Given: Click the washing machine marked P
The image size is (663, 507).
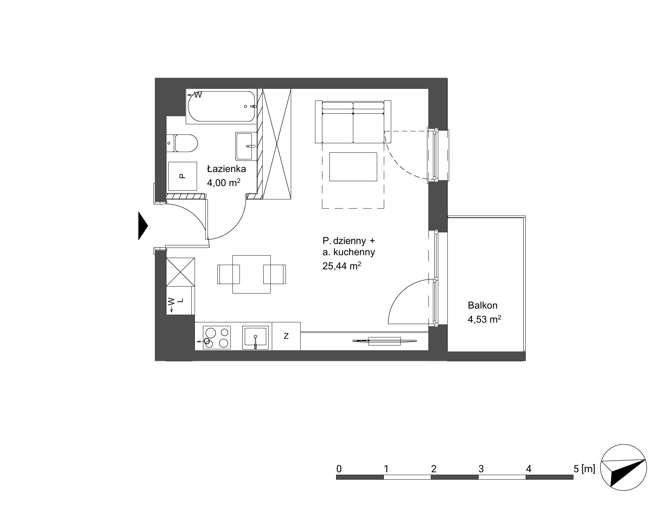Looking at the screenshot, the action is (x=182, y=176).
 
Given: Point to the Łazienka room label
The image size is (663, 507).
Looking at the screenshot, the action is (x=226, y=169).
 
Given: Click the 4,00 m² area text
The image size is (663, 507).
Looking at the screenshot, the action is (x=224, y=183).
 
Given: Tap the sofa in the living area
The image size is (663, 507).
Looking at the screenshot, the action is (x=353, y=122).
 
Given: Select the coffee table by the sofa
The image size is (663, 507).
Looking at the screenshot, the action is (x=353, y=167).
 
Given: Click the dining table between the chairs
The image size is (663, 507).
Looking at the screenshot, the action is (x=251, y=274).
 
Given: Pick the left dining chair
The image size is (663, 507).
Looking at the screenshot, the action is (x=229, y=274).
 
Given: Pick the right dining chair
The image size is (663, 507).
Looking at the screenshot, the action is (x=275, y=274).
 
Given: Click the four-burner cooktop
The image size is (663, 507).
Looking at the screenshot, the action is (x=217, y=337).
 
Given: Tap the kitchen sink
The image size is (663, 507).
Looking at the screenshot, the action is (x=255, y=337).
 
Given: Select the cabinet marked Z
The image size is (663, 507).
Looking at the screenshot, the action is (x=286, y=336).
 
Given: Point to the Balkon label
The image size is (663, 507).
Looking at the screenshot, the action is (x=483, y=305).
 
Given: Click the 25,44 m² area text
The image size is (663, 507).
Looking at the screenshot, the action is (x=342, y=266).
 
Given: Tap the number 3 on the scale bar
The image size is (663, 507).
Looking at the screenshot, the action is (x=481, y=469).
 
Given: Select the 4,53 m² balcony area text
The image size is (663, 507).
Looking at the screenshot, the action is (x=484, y=319).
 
